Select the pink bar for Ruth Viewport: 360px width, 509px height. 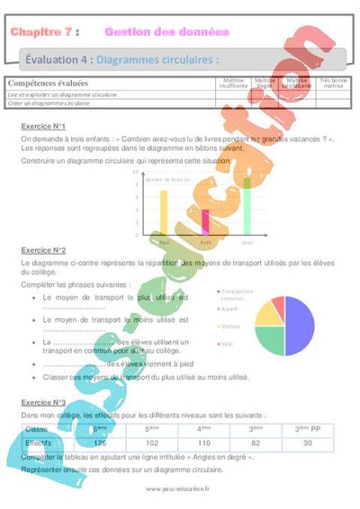[205, 222]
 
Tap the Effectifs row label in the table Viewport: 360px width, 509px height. [38, 442]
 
